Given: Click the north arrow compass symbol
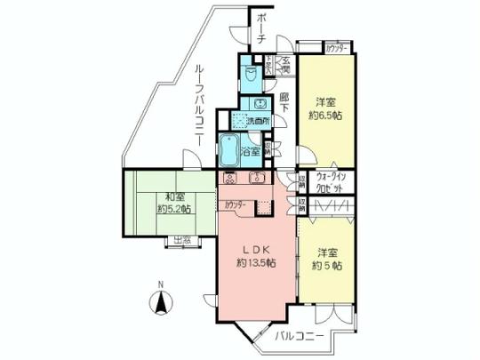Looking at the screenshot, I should tap(161, 305).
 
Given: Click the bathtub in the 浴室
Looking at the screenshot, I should tap(229, 151).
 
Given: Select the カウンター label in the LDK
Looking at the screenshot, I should tap(236, 205).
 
